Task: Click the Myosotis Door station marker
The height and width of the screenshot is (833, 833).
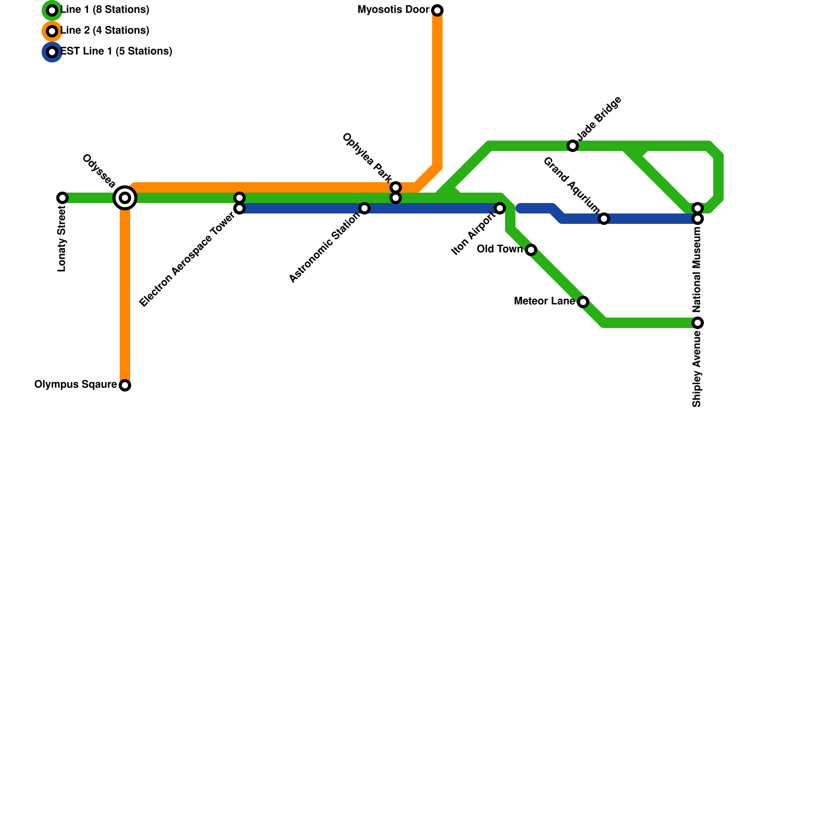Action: tap(437, 10)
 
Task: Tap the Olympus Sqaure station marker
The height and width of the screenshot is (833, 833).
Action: tap(125, 385)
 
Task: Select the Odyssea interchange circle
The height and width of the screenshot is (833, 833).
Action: tap(125, 198)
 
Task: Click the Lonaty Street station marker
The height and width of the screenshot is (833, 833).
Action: tap(62, 198)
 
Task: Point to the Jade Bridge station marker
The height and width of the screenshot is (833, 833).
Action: tap(573, 146)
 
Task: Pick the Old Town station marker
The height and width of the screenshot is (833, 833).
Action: tap(531, 250)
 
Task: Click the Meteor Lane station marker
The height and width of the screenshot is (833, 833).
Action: tap(583, 302)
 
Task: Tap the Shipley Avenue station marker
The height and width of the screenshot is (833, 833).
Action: tap(698, 323)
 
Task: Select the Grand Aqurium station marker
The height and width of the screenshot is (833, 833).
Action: tap(604, 219)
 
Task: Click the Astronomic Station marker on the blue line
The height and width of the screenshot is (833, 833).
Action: tap(364, 208)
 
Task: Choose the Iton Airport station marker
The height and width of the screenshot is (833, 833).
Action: tap(500, 208)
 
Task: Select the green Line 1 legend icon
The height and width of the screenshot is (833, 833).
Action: tap(52, 10)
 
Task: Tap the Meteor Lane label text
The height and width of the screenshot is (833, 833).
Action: tap(544, 301)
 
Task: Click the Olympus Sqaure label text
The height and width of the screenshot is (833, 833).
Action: tap(75, 385)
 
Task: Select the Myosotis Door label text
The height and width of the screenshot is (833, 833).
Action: tap(394, 10)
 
